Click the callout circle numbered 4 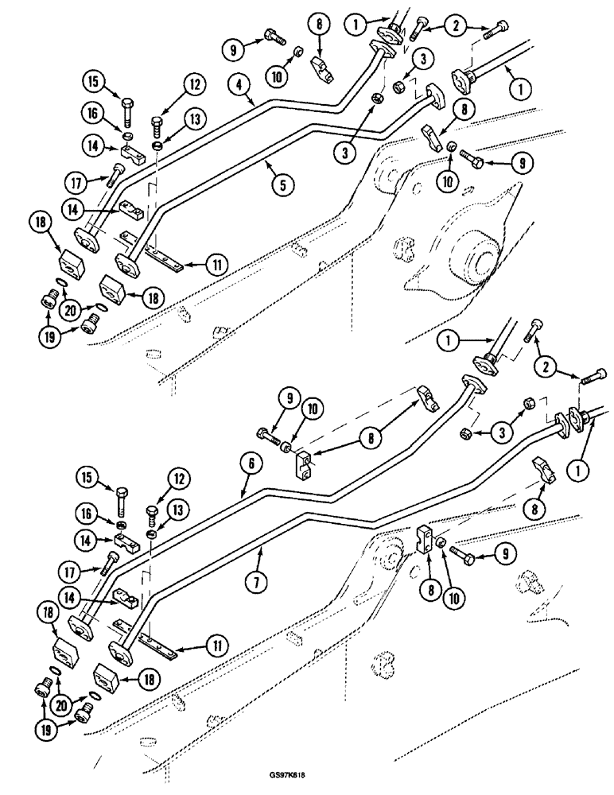(x=237, y=82)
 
